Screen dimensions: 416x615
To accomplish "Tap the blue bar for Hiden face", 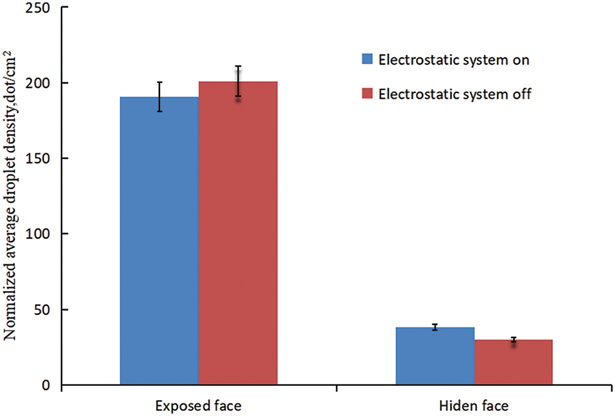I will [435, 356].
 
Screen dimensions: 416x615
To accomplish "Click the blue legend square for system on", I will [368, 60].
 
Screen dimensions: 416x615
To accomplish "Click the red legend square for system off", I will [368, 94].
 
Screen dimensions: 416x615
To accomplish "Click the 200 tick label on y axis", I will [40, 83].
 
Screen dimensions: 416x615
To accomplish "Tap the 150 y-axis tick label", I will [40, 158].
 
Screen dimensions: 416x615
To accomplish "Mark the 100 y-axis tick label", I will [40, 234].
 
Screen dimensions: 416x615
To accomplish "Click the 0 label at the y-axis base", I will [46, 385].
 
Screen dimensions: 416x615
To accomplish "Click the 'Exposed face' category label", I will [199, 405].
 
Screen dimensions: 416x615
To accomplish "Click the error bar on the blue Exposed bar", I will [159, 97].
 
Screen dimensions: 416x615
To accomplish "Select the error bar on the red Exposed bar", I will [238, 81].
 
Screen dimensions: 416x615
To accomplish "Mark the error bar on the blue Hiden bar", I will [435, 327].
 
